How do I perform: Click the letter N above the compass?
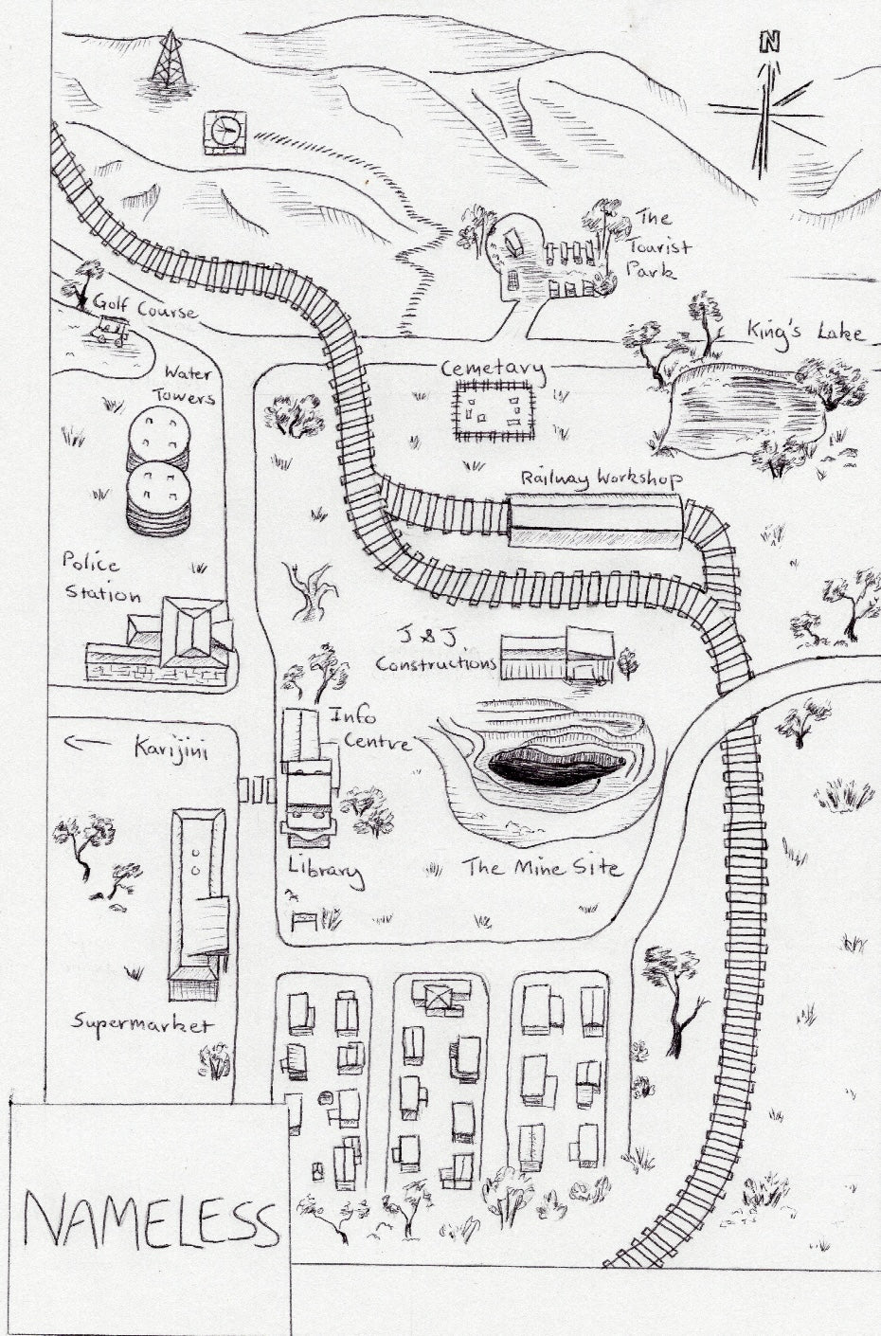(769, 42)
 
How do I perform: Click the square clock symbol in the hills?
(225, 132)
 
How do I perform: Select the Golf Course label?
(144, 309)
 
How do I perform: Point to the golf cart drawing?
(110, 330)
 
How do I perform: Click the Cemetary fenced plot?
(494, 410)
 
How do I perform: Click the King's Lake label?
(804, 332)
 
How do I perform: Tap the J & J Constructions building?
(556, 654)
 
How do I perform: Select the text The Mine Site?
(541, 867)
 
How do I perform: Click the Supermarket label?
(142, 1024)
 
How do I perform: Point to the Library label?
(325, 871)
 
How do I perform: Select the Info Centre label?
(368, 728)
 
